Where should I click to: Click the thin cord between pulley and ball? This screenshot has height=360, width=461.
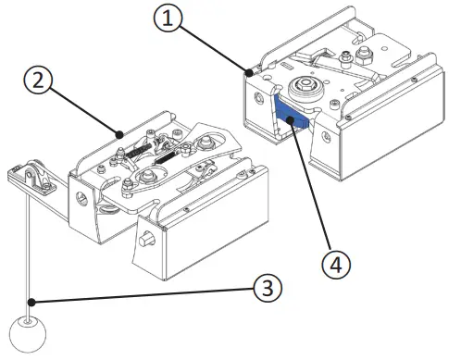31,250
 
